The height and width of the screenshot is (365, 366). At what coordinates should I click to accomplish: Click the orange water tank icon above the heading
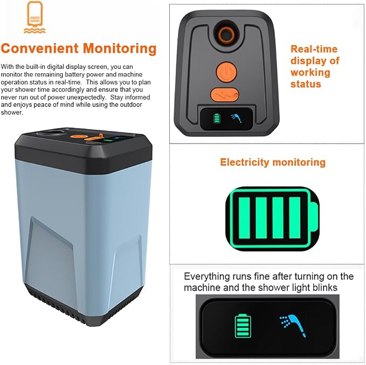(x=34, y=17)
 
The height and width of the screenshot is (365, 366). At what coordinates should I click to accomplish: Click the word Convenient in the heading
(x=40, y=48)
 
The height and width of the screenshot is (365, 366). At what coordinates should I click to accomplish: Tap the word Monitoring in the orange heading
(x=120, y=49)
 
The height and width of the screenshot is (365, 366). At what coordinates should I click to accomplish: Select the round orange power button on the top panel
(x=226, y=72)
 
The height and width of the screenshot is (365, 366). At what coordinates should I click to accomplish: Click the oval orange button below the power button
(x=225, y=95)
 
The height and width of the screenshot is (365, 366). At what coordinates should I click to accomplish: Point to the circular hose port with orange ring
(x=226, y=34)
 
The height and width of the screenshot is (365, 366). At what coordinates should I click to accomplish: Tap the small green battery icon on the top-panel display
(x=217, y=118)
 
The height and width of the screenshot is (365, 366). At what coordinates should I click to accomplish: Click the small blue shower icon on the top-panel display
(x=236, y=118)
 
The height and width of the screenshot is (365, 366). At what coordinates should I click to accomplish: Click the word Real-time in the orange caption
(x=314, y=49)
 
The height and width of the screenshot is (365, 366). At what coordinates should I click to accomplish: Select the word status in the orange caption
(x=306, y=84)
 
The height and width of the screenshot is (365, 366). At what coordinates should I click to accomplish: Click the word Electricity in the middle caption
(x=245, y=163)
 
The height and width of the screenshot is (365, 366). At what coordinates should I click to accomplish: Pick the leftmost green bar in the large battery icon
(x=244, y=217)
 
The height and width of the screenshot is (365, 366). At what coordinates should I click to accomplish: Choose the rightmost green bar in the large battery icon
(x=294, y=217)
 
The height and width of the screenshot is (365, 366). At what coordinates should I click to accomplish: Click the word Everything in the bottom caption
(x=206, y=277)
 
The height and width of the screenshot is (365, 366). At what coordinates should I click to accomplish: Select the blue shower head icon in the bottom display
(x=293, y=325)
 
